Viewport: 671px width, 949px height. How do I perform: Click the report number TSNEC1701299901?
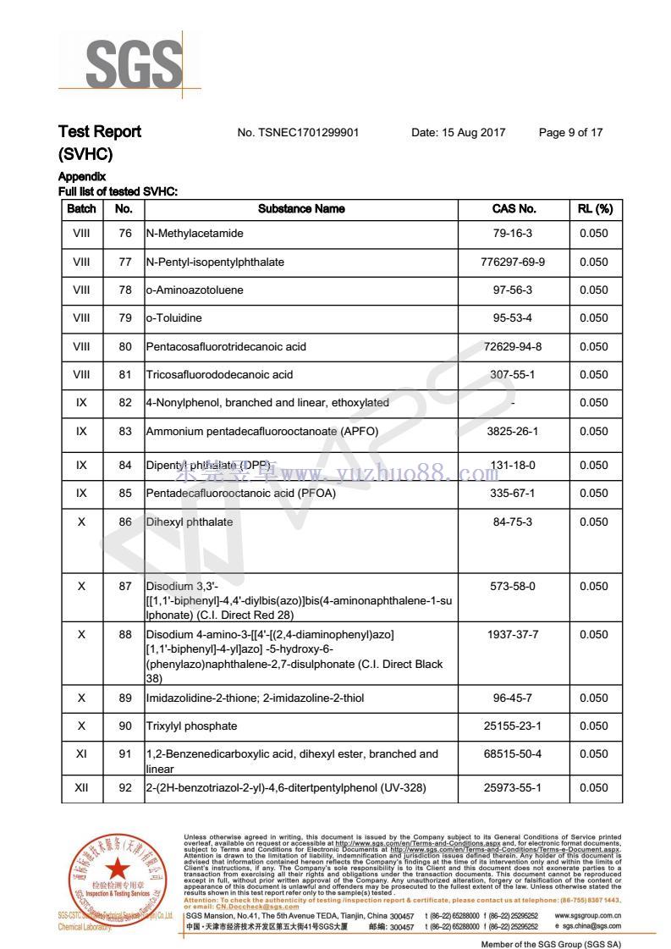tap(298, 133)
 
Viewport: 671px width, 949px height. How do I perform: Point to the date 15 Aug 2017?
tap(458, 133)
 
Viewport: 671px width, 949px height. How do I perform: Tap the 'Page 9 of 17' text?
tap(570, 133)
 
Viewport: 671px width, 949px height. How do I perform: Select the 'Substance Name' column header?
tap(301, 209)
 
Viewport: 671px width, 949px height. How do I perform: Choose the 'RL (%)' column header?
tap(594, 209)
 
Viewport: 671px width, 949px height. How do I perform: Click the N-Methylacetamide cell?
tap(195, 234)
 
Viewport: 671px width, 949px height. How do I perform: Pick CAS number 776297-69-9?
tap(513, 262)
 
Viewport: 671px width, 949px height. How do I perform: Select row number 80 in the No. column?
tap(125, 346)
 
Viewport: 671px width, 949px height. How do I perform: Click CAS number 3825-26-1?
tap(513, 432)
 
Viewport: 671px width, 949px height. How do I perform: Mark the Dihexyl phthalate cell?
tap(190, 522)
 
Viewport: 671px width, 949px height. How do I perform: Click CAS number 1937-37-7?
tap(513, 635)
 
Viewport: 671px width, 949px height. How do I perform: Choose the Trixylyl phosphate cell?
tap(191, 726)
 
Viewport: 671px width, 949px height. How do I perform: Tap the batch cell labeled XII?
tap(81, 788)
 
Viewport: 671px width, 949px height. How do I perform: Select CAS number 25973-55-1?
tap(513, 788)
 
